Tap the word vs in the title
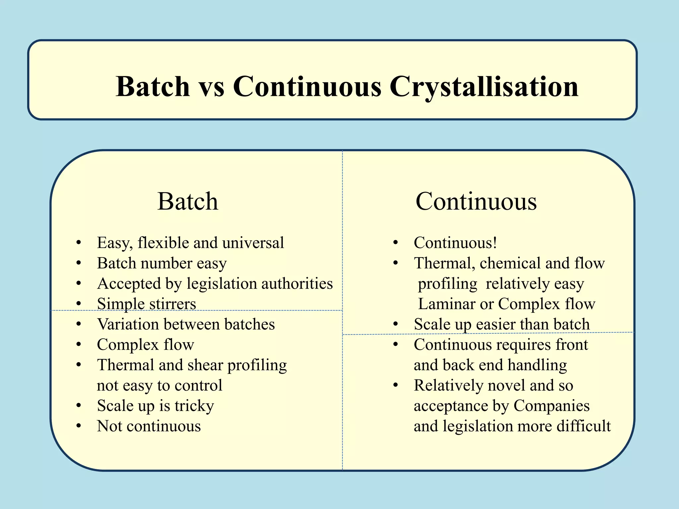[211, 87]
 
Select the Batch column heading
[188, 201]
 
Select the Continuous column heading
[476, 201]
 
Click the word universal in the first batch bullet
[253, 243]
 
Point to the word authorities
[297, 284]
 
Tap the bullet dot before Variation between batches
[79, 324]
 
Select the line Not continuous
[149, 426]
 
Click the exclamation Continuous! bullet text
[455, 243]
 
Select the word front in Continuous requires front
[572, 345]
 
